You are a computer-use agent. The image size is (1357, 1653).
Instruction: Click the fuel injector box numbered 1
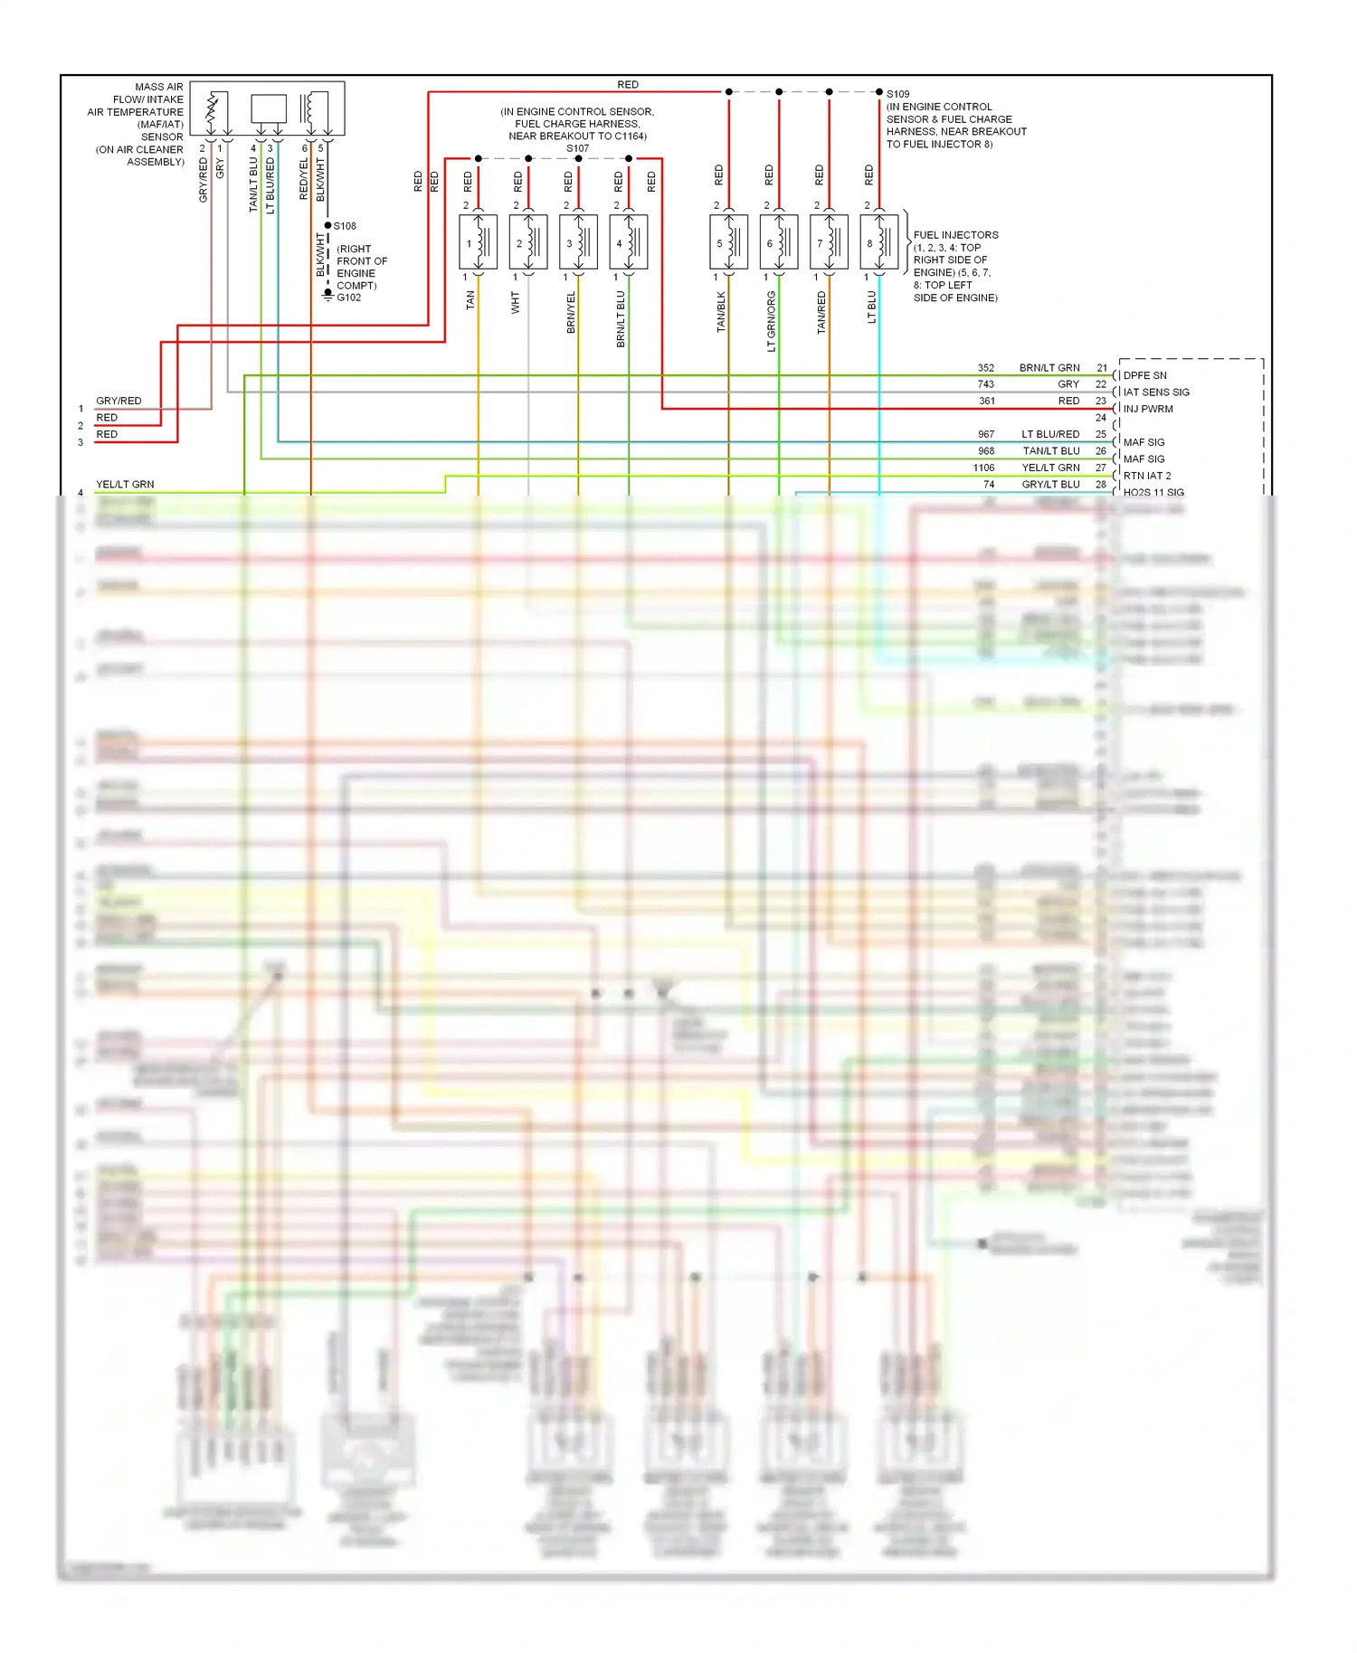coord(478,242)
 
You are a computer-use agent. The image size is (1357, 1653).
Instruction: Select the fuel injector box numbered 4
coord(628,242)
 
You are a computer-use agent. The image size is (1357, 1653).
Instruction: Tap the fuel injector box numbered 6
coord(778,242)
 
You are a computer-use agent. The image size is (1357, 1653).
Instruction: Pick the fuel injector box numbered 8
coord(878,242)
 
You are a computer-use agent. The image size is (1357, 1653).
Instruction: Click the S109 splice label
coord(897,94)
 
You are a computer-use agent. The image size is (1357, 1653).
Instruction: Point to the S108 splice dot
coord(327,225)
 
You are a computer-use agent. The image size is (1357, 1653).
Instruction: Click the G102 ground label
coord(349,298)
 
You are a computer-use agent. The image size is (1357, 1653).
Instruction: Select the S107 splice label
coord(577,148)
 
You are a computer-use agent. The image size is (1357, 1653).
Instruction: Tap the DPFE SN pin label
coord(1144,375)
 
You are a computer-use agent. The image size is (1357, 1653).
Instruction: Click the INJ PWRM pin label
coord(1148,409)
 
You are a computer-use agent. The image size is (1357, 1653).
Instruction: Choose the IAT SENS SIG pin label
coord(1156,392)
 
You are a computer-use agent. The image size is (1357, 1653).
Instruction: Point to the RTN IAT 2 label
coord(1147,476)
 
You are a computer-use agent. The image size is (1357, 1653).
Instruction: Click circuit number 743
coord(986,384)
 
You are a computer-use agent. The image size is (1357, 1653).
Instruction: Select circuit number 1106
coord(983,468)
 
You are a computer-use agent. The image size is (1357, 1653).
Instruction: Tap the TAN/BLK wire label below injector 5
coord(721,311)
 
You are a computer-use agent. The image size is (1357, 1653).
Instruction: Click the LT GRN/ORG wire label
coord(771,321)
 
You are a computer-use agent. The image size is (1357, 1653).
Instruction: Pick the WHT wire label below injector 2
coord(516,302)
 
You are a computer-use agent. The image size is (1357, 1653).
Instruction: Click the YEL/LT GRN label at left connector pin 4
coord(125,485)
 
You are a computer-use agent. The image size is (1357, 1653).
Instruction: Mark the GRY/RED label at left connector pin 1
coord(119,401)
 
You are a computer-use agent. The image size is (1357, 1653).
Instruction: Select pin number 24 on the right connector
coord(1101,418)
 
